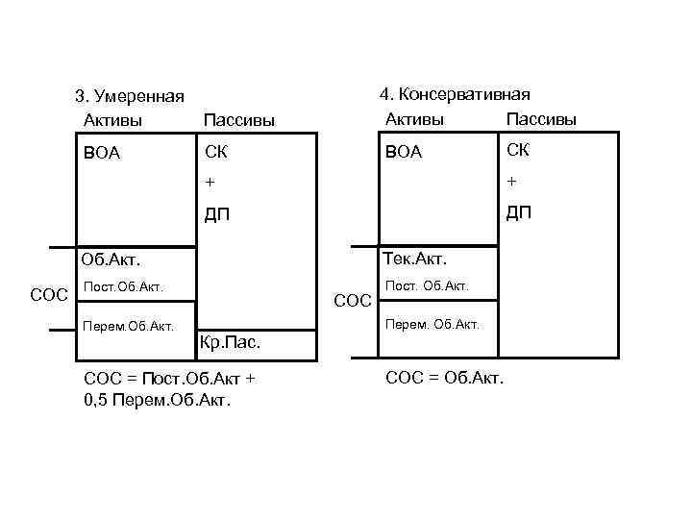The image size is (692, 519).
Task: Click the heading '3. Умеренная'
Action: (130, 97)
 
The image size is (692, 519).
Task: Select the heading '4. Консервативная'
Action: (456, 94)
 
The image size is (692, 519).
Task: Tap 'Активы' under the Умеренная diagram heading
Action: (113, 119)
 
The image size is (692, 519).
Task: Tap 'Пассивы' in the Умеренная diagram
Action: (239, 120)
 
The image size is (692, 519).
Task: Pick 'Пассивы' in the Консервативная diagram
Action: (541, 119)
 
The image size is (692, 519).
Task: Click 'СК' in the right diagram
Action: (518, 150)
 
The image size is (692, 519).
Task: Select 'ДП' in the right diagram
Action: (519, 212)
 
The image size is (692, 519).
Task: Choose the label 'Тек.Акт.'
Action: (415, 258)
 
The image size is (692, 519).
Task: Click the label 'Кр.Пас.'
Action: (229, 341)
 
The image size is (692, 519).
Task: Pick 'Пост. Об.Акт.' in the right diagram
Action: (427, 285)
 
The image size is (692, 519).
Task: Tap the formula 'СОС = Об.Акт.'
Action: (444, 377)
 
